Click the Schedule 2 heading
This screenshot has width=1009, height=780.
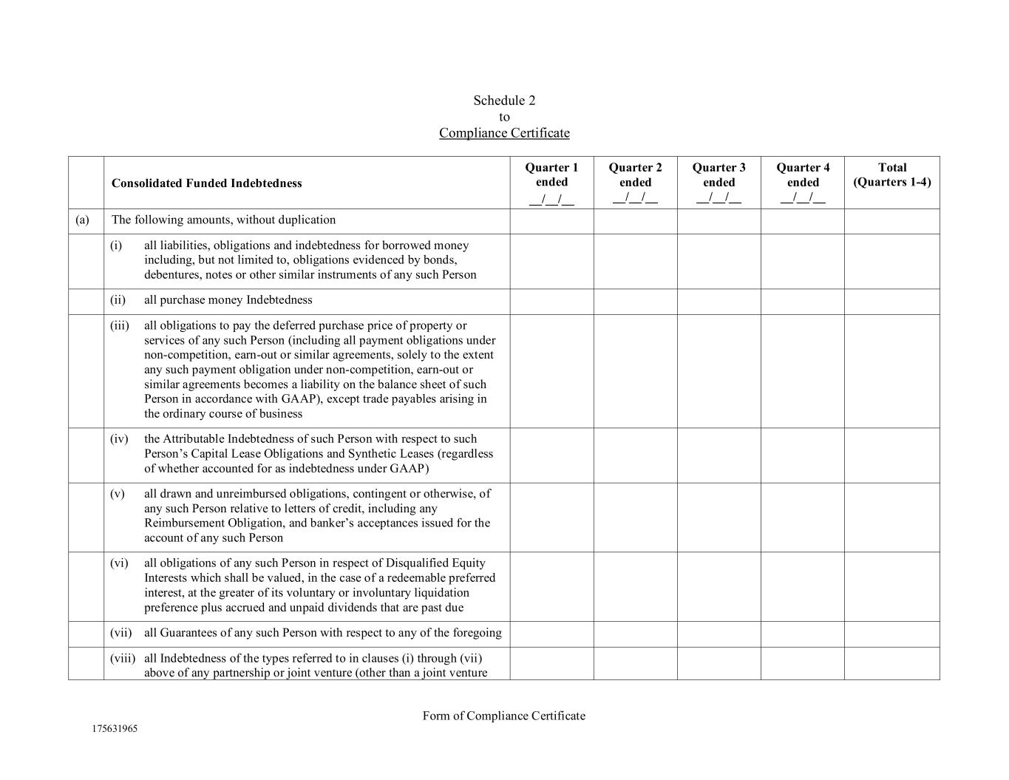tap(504, 101)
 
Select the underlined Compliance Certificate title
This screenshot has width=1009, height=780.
tap(504, 133)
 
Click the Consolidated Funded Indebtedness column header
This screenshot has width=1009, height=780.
tap(206, 183)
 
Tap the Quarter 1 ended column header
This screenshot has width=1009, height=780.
tap(551, 175)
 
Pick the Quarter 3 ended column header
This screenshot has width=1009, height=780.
tap(718, 175)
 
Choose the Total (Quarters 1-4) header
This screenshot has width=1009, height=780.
tap(891, 175)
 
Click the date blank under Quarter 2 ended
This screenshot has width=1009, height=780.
tap(635, 198)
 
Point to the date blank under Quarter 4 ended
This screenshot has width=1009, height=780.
tap(803, 198)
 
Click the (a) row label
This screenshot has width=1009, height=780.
tap(82, 220)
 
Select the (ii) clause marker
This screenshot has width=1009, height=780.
tap(118, 300)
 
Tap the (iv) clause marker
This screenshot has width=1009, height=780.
tap(119, 439)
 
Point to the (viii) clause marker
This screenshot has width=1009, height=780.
tap(123, 658)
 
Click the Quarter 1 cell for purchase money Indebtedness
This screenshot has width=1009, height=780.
tap(551, 302)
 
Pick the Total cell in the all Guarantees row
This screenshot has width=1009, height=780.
tap(891, 634)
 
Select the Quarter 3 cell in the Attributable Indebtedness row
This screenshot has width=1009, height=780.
tap(718, 455)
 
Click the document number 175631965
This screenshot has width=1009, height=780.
tap(115, 728)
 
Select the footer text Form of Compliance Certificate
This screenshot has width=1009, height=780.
tap(504, 716)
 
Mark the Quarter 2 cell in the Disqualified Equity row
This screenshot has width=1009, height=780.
tap(635, 586)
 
